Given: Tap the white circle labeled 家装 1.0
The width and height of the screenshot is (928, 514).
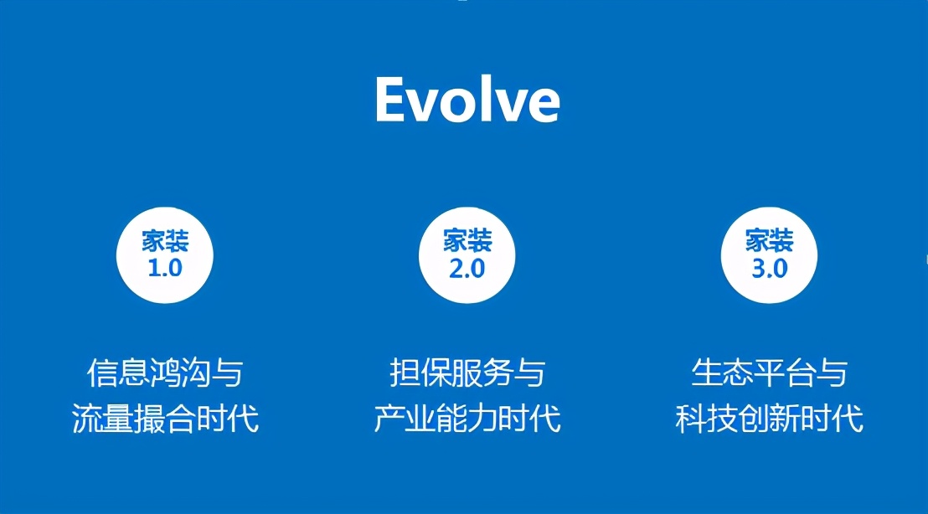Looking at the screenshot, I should click(165, 254).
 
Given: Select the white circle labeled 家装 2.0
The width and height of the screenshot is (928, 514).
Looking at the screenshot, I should click(467, 254).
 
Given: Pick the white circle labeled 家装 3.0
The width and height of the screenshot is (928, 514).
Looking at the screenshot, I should click(769, 254).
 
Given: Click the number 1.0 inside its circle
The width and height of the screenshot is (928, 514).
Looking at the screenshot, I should click(165, 269).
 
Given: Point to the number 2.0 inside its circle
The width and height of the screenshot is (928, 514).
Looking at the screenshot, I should click(467, 269).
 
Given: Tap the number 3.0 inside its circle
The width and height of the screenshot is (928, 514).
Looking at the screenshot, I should click(769, 269).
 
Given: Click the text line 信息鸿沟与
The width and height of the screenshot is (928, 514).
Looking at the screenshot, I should click(165, 373).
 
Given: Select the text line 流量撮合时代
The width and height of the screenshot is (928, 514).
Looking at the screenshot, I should click(165, 418).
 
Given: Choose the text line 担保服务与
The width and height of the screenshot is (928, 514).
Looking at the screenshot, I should click(467, 373).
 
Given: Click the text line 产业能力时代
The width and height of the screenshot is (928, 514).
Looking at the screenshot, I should click(467, 418).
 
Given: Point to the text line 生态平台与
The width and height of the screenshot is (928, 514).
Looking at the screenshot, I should click(769, 373).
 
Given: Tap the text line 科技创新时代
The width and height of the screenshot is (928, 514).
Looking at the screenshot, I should click(769, 418).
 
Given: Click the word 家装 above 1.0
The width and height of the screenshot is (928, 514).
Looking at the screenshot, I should click(165, 242).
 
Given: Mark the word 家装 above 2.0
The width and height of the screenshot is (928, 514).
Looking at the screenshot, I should click(467, 242).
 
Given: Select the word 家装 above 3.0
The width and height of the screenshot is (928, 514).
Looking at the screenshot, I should click(769, 242).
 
